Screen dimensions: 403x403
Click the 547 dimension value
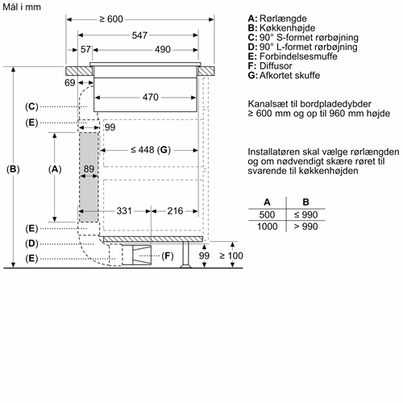point(139,35)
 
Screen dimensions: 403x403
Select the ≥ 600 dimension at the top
point(111,19)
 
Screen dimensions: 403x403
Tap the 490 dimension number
point(163,49)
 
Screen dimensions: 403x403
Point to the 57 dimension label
point(85,49)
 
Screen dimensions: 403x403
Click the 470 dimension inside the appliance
point(151,97)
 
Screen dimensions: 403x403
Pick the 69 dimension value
point(70,83)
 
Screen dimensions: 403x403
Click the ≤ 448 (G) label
point(151,150)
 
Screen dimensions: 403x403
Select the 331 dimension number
point(124,211)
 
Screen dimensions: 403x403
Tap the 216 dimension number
point(175,211)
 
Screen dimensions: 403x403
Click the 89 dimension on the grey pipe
point(89,169)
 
